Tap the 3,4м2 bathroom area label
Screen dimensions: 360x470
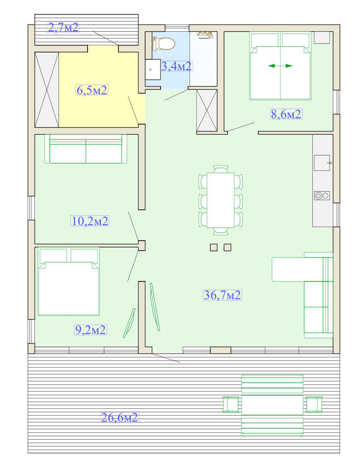pos(176,66)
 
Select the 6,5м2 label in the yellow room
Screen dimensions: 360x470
pos(92,90)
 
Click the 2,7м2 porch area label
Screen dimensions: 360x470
pos(63,27)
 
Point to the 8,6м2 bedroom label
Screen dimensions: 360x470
pos(286,114)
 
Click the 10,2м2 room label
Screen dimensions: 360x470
pos(90,221)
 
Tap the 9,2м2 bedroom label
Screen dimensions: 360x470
pos(91,329)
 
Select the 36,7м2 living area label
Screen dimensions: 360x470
pos(222,295)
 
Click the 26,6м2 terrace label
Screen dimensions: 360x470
pos(119,417)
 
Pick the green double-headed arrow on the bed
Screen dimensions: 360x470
pos(280,66)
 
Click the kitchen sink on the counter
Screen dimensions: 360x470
pos(322,163)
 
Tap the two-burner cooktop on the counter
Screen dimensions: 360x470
pos(322,196)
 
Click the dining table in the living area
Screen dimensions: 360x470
pos(221,200)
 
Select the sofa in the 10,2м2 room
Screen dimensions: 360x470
pos(86,149)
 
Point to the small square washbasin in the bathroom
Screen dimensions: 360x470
pos(153,69)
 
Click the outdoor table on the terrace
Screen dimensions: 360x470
pos(272,405)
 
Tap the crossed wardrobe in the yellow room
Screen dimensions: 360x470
pos(47,90)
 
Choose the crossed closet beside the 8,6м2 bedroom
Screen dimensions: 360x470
pos(207,110)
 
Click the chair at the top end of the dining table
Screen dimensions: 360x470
pos(221,169)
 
